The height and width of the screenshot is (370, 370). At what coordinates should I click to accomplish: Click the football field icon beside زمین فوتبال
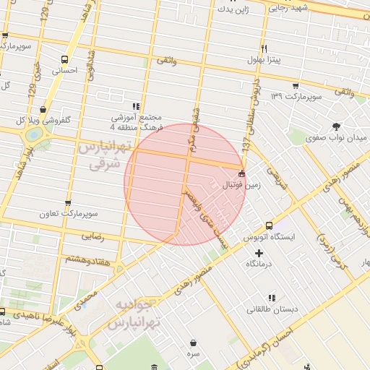tap(241, 173)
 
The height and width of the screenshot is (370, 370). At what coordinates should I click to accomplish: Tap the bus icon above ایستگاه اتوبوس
tap(270, 225)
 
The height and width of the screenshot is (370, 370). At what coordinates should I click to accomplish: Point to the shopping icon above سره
tap(194, 343)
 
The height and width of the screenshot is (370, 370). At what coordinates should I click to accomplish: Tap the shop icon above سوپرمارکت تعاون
tap(69, 203)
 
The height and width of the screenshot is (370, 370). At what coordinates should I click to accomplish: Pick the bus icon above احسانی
tap(66, 60)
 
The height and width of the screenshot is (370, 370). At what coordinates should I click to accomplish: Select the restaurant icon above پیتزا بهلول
tap(264, 48)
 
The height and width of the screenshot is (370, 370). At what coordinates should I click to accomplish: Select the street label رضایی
tap(92, 236)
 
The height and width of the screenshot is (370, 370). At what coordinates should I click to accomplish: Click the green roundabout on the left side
tap(33, 135)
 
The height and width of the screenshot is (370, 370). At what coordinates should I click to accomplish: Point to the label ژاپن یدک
tap(233, 9)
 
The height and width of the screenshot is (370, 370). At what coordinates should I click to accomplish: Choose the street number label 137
tap(246, 145)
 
